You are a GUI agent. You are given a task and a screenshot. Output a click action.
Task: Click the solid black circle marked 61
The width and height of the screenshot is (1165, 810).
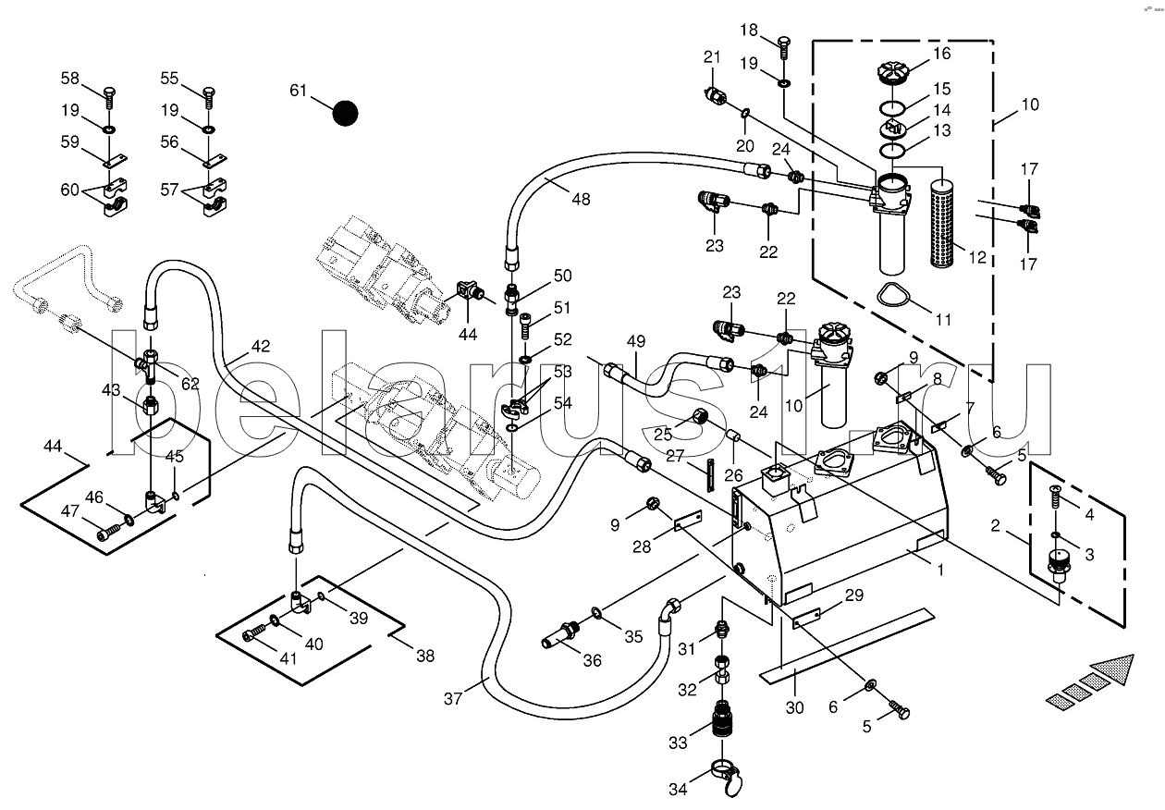[345, 113]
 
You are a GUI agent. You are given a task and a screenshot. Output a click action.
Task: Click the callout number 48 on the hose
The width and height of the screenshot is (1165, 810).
[581, 199]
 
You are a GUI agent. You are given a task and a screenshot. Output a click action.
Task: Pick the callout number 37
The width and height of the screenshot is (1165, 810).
[452, 699]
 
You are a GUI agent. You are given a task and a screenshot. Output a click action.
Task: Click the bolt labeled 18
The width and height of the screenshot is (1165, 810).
[784, 49]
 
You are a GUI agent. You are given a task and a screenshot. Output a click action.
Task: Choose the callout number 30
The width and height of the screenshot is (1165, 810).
[794, 707]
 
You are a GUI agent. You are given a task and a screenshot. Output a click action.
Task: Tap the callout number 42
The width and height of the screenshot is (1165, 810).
[261, 346]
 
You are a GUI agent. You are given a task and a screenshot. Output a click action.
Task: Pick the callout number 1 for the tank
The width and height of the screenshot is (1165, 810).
[939, 571]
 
